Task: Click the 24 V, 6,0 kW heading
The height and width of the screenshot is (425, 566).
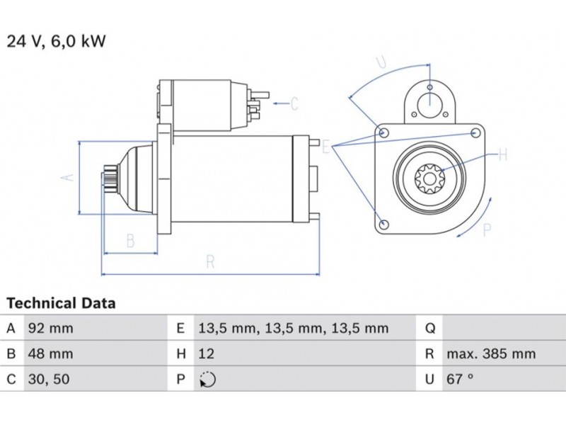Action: (x=57, y=41)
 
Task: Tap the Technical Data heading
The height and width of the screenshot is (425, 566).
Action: (x=61, y=304)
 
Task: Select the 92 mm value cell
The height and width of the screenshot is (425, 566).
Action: (x=50, y=328)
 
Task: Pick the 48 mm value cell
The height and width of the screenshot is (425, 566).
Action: (x=50, y=353)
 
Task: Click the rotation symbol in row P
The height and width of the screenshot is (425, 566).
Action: (x=207, y=380)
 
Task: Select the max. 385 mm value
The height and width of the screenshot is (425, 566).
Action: (x=490, y=353)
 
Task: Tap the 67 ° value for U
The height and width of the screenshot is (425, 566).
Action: (x=459, y=379)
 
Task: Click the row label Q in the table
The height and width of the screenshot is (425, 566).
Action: (x=429, y=328)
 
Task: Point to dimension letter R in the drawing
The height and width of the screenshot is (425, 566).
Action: (x=210, y=261)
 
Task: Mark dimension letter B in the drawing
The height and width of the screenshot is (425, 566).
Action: (x=130, y=240)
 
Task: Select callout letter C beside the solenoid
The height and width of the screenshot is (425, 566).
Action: (x=294, y=104)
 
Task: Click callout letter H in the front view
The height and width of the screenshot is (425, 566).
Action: (x=503, y=153)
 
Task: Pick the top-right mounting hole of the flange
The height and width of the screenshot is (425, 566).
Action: (x=476, y=132)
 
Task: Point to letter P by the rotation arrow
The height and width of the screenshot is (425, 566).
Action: (x=486, y=229)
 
